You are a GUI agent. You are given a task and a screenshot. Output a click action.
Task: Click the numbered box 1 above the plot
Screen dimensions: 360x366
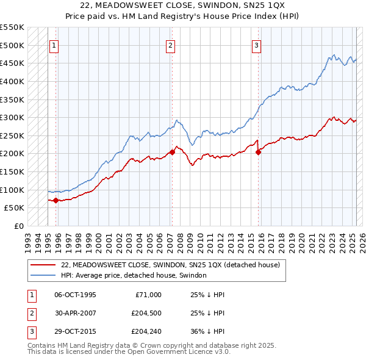[54, 45]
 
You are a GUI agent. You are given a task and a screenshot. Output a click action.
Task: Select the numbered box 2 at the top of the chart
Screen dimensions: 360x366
[170, 45]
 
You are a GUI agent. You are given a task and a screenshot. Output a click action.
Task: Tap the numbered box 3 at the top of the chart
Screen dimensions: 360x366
[257, 45]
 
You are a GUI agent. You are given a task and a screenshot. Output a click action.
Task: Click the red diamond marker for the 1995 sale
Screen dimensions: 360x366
[56, 200]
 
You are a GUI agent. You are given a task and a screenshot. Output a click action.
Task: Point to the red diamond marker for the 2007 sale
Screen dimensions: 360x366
[172, 152]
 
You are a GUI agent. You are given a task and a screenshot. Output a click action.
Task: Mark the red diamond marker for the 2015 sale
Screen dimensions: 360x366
[259, 152]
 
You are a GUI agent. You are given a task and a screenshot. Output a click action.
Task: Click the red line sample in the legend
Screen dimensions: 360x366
[43, 265]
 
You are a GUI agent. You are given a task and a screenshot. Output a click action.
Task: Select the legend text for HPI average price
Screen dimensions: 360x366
[134, 275]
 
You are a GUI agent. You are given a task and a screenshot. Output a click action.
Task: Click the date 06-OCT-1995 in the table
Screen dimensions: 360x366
[76, 295]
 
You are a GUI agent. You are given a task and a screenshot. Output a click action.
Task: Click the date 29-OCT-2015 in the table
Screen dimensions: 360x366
[76, 333]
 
